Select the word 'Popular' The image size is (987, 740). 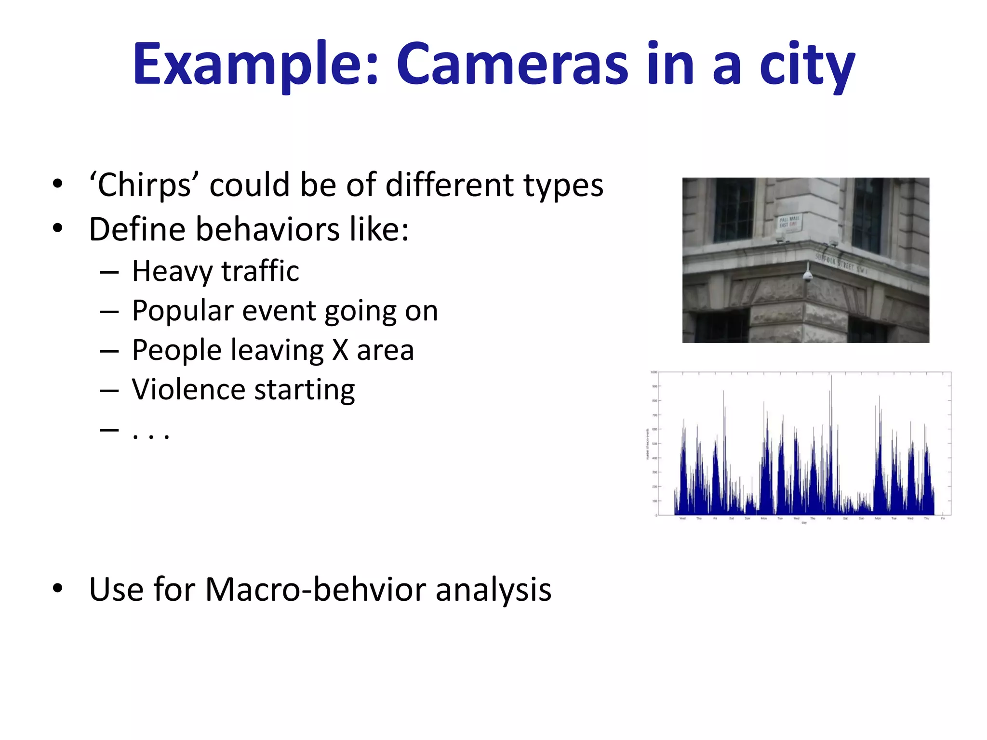coord(183,311)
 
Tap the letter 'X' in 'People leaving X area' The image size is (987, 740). coord(340,350)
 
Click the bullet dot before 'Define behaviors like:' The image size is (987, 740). coord(58,228)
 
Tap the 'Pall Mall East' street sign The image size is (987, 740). coord(789,222)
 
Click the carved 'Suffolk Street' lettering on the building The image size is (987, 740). coord(840,263)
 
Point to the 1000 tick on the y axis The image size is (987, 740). coord(654,372)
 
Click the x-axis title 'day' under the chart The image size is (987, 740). coord(804,523)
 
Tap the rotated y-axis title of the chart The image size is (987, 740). coord(648,444)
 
